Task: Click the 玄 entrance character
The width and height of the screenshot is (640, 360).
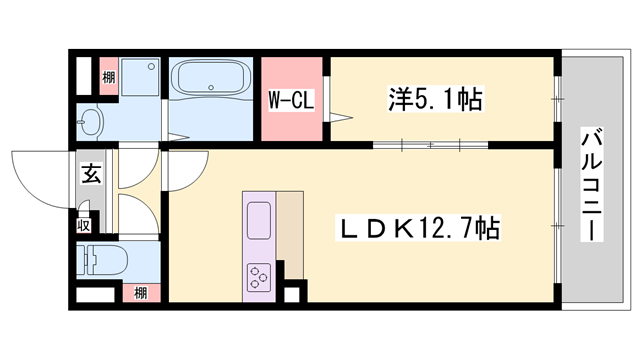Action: tap(90, 175)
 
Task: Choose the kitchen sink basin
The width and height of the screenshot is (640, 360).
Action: tap(258, 218)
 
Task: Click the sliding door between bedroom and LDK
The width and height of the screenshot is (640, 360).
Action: tap(430, 145)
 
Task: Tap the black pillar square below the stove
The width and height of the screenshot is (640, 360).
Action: tap(292, 296)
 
